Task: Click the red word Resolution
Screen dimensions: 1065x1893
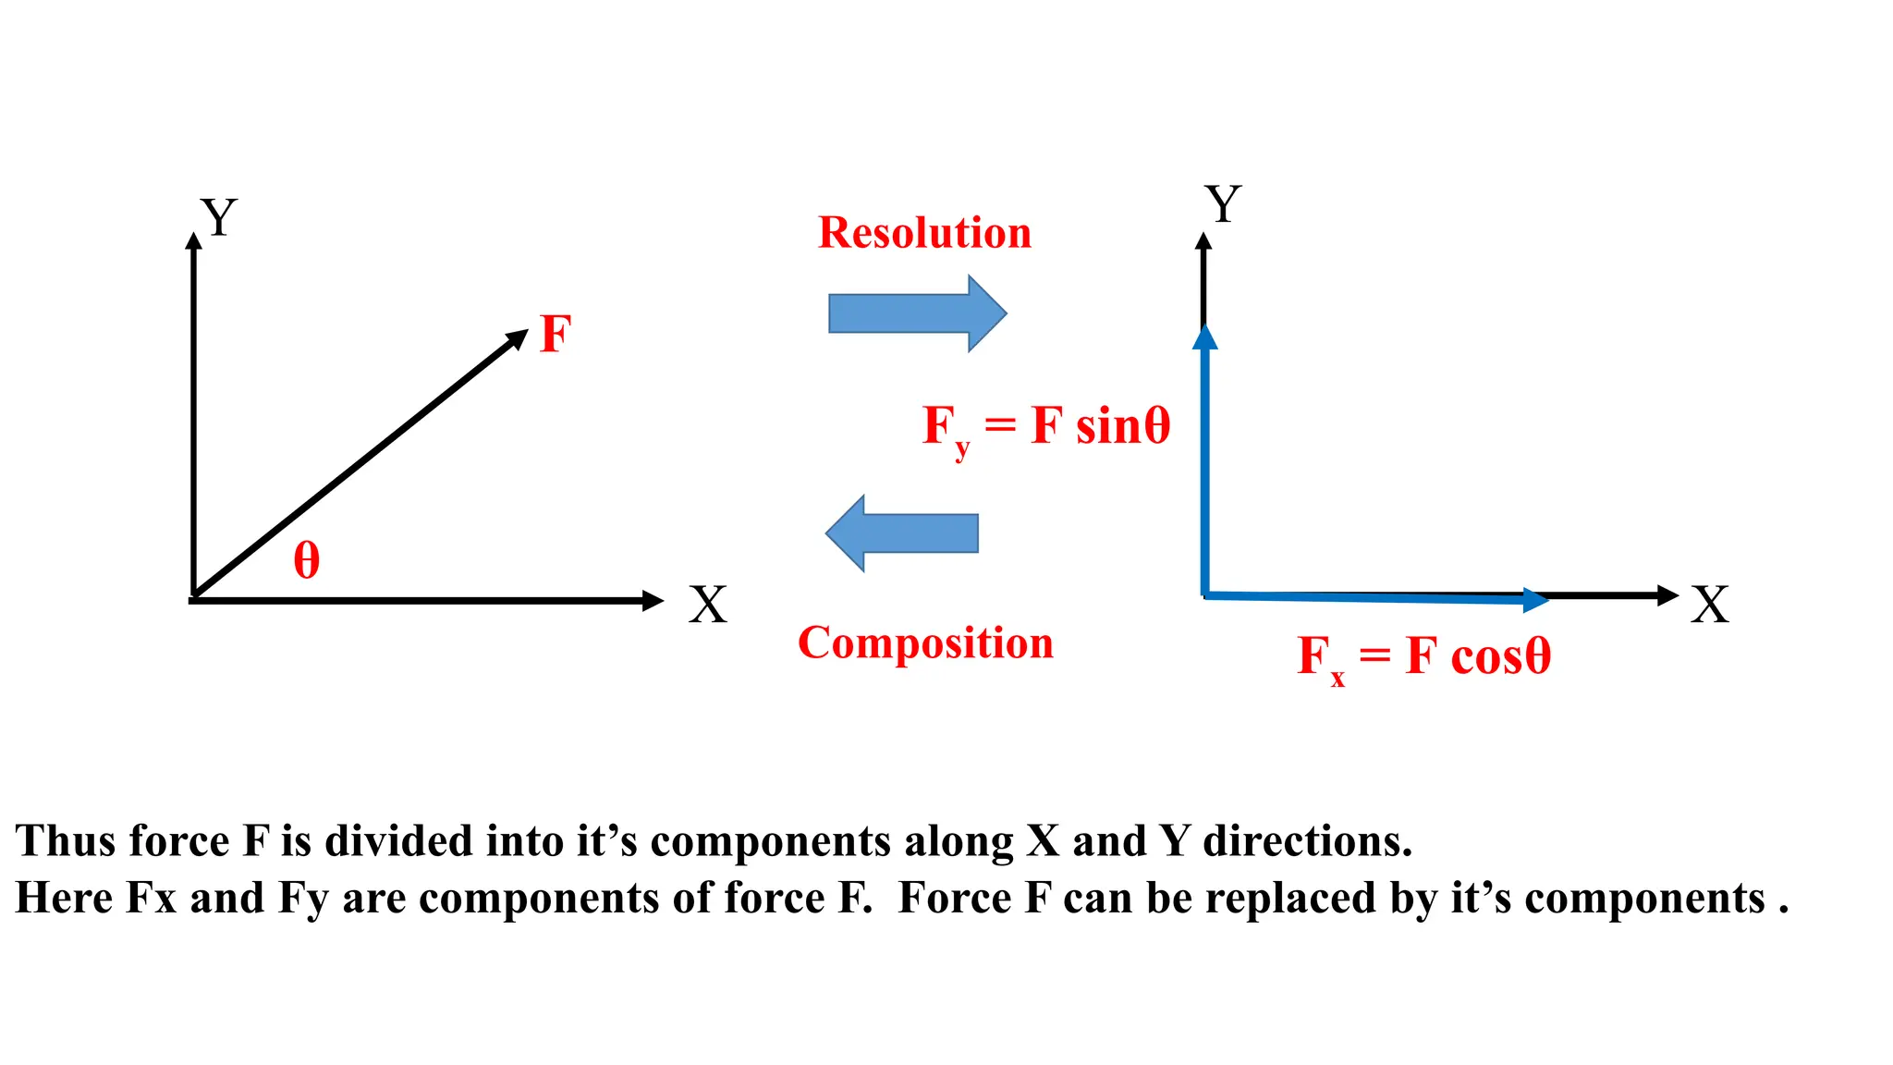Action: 924,233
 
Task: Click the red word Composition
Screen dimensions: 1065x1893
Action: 925,643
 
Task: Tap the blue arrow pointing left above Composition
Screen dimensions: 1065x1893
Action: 901,533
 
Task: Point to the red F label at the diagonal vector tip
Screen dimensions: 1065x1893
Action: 556,334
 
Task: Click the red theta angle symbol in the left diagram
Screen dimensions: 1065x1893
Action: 307,561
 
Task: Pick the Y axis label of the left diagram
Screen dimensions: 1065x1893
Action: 219,218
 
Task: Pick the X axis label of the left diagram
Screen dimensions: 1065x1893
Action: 708,606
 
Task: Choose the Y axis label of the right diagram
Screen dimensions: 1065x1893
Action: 1223,204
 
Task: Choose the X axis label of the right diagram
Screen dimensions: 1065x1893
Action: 1710,606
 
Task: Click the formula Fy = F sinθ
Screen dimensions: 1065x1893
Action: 1046,428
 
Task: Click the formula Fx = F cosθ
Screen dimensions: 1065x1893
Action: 1423,657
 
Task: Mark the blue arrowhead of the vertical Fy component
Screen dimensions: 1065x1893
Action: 1204,337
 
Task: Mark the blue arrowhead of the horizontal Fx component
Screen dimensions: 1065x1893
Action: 1534,600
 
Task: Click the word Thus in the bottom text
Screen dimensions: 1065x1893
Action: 65,841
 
